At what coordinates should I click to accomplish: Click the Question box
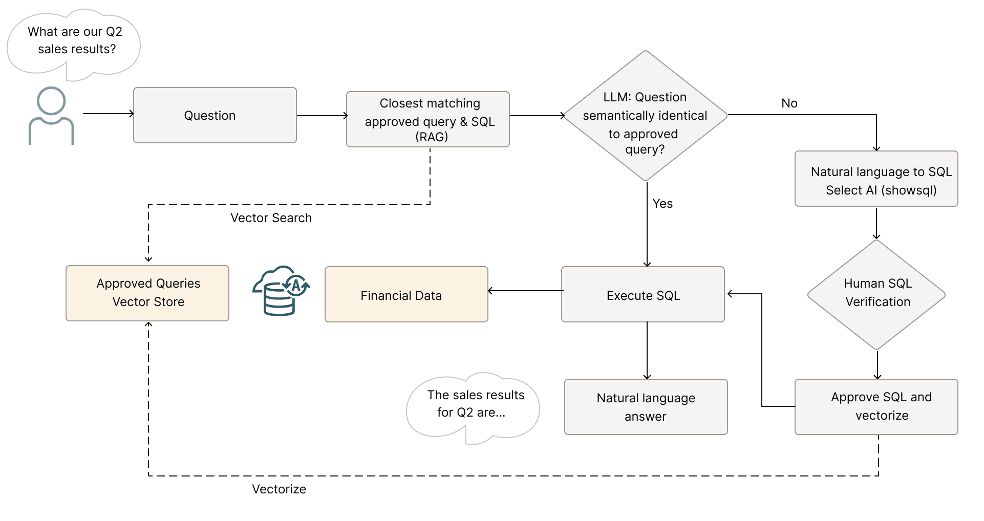[215, 115]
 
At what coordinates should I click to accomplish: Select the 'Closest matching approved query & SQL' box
[427, 119]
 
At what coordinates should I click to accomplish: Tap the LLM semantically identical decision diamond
[645, 116]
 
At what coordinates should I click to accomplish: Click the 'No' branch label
[789, 103]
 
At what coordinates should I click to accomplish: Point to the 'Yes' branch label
[662, 204]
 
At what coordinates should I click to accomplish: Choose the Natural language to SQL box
[876, 179]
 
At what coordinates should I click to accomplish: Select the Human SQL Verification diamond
[876, 295]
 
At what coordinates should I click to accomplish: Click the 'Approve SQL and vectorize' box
[876, 406]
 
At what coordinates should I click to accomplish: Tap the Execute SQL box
[643, 294]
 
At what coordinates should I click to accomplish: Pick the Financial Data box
[406, 294]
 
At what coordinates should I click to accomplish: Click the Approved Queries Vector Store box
[147, 293]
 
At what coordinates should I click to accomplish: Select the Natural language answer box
[646, 406]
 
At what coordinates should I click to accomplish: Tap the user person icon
[51, 116]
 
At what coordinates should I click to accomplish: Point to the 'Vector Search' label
[271, 218]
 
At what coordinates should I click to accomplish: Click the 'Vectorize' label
[279, 489]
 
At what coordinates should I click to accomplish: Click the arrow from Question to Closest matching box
[322, 116]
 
